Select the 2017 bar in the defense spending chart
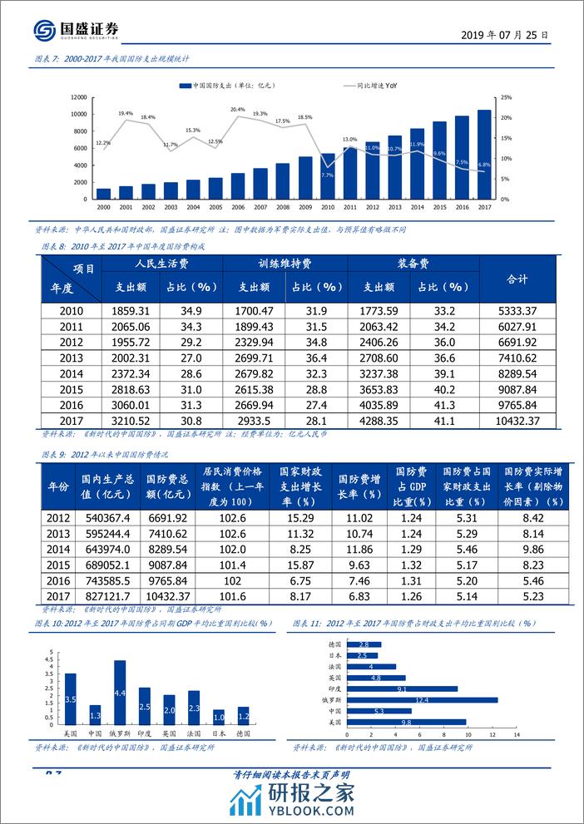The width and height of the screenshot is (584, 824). coord(483,155)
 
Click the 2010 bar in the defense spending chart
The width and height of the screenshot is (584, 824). coord(328,177)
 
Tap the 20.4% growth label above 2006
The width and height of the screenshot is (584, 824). coord(237,110)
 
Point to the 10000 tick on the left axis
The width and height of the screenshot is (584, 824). coord(79,114)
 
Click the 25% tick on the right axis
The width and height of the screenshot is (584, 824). coord(505,97)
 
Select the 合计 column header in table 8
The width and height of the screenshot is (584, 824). coord(517,279)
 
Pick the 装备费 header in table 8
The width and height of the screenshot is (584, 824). coord(412,264)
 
